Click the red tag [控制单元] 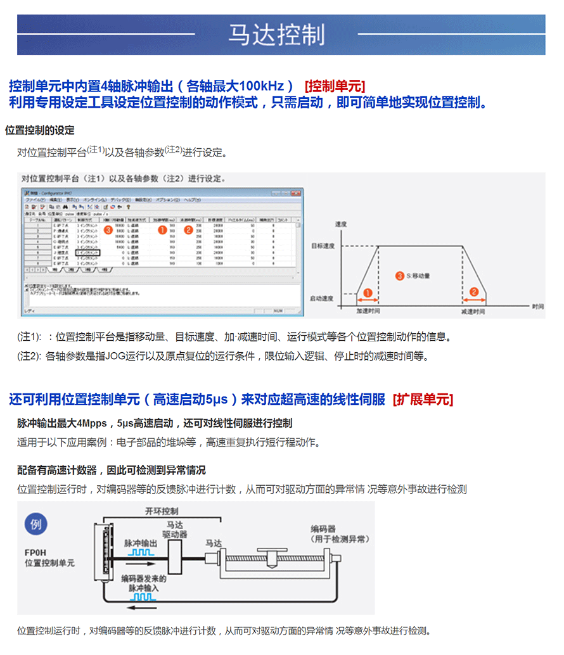(335, 86)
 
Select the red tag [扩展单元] (423, 399)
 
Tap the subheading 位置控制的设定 (40, 130)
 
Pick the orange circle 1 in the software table (162, 229)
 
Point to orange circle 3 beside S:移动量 (399, 276)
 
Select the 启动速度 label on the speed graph (323, 298)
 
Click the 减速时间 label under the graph (473, 312)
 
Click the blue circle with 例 (35, 524)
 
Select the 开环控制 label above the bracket (162, 511)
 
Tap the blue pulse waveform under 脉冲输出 (141, 552)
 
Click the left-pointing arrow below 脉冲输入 (143, 606)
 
